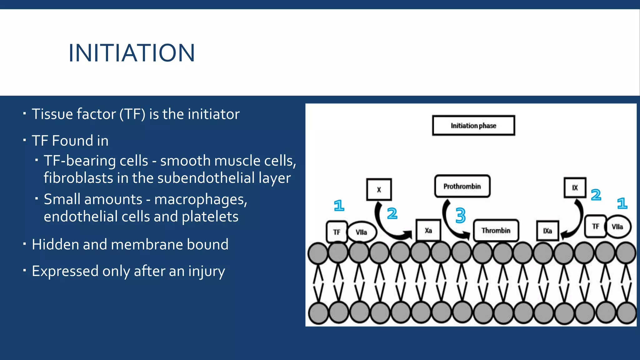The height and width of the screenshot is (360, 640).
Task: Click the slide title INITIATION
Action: (x=132, y=53)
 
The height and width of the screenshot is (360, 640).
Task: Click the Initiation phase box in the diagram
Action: (x=473, y=126)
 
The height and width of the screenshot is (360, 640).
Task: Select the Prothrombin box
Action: (x=462, y=186)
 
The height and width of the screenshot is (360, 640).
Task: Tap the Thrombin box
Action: (x=496, y=231)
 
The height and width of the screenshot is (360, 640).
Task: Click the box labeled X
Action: (x=379, y=189)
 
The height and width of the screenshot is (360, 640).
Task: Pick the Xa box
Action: (x=428, y=231)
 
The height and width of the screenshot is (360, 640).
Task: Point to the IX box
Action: (x=575, y=188)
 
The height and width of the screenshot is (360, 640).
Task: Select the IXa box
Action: (x=547, y=231)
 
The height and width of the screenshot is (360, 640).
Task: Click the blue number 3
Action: (x=460, y=215)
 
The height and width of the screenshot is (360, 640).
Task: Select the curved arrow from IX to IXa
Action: (x=577, y=222)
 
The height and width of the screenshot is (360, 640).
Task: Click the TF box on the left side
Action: (x=337, y=232)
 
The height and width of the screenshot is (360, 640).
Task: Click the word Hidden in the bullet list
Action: (x=55, y=244)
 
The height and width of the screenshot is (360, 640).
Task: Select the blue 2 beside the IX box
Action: (x=596, y=195)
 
